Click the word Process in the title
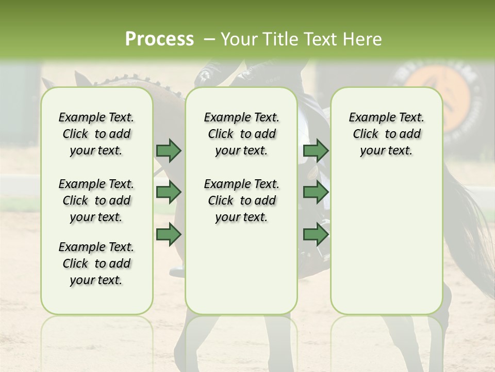(159, 39)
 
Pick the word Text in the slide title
(322, 39)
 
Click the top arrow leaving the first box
(169, 150)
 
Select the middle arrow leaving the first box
(169, 192)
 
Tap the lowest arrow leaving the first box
(169, 234)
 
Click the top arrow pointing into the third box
(316, 150)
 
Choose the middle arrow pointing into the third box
(316, 192)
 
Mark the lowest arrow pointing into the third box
(316, 234)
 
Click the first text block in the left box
(96, 134)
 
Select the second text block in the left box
(96, 200)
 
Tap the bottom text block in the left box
(96, 263)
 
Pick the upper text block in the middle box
(241, 134)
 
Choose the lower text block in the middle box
(241, 200)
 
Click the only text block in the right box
(386, 134)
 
